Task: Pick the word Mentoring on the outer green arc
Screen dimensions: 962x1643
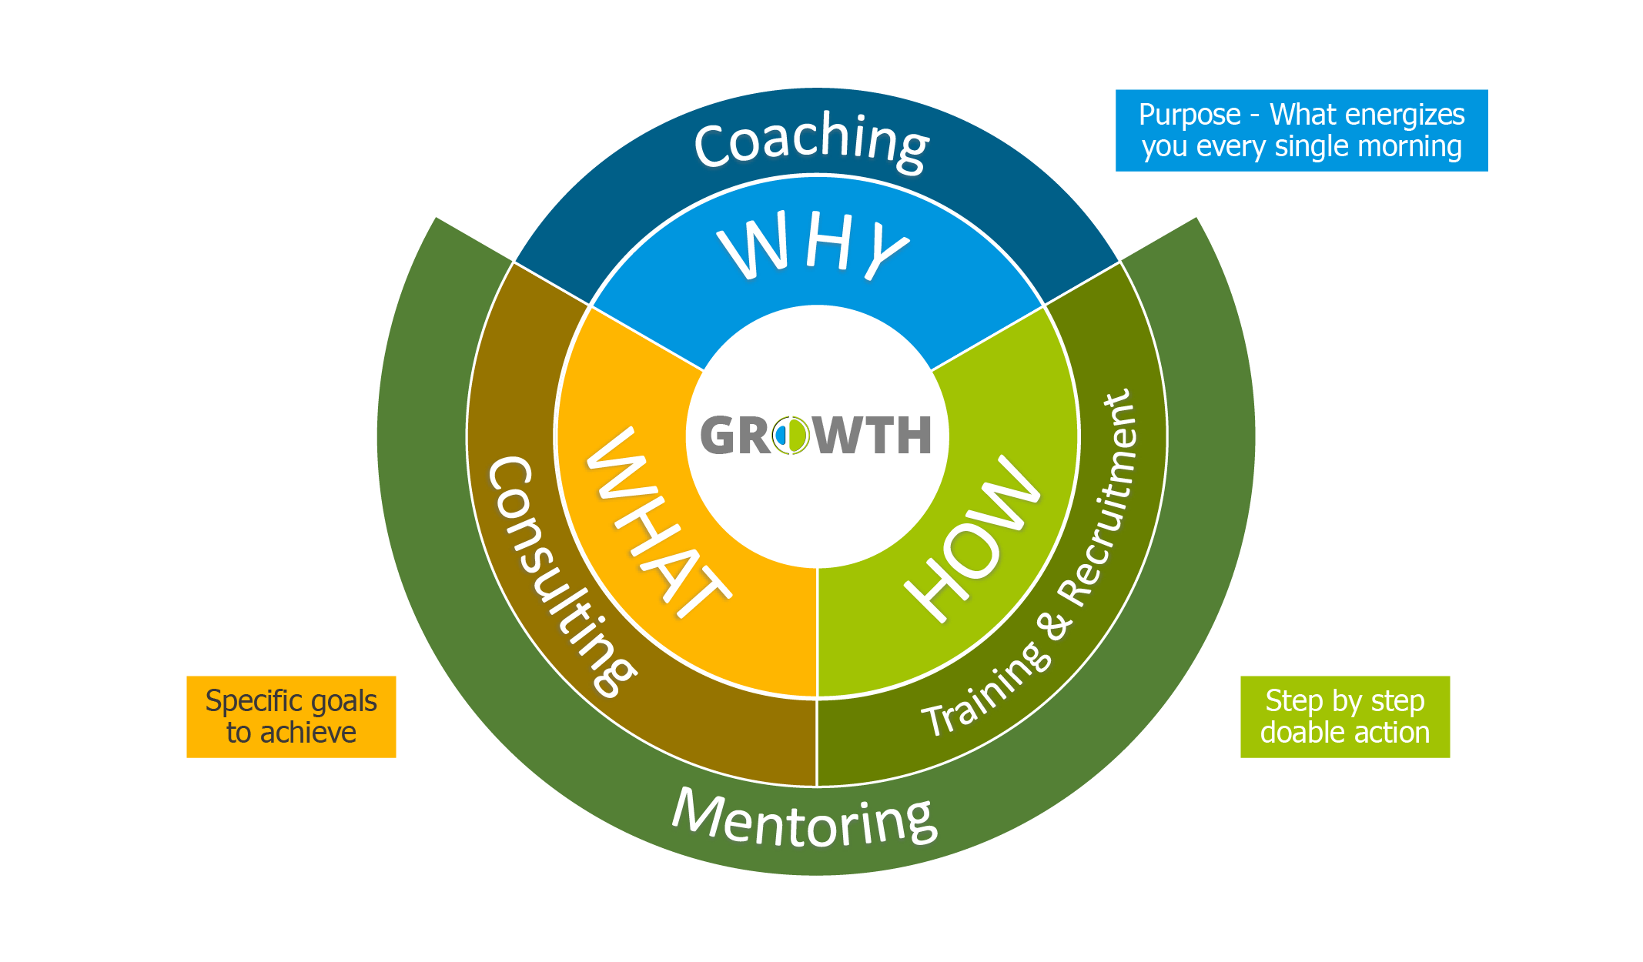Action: pyautogui.click(x=805, y=820)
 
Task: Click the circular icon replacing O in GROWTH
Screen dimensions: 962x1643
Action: pyautogui.click(x=791, y=435)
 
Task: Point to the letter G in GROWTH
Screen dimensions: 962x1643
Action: pyautogui.click(x=718, y=436)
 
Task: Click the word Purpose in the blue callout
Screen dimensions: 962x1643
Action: pyautogui.click(x=1190, y=115)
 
